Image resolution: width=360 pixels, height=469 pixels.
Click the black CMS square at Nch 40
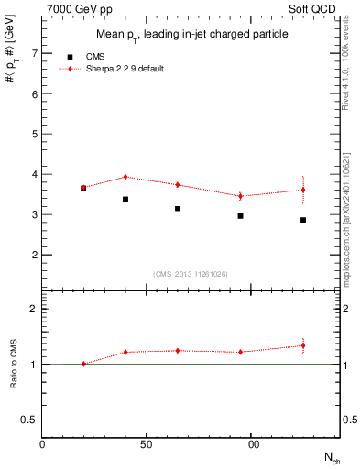tap(125, 199)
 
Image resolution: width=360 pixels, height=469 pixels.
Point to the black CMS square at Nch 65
tap(178, 209)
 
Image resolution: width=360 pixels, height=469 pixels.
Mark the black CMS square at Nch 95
tap(240, 216)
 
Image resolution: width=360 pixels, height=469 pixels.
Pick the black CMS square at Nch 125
tap(303, 220)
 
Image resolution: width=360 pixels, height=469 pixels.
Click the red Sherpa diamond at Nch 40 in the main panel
tap(125, 177)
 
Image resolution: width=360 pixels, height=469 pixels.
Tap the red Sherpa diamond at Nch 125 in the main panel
tap(303, 190)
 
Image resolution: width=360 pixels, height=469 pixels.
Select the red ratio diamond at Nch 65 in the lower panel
tap(178, 350)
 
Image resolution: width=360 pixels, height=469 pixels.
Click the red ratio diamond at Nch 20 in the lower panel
tap(83, 364)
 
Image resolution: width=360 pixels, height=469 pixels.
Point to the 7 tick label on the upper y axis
tap(33, 53)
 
